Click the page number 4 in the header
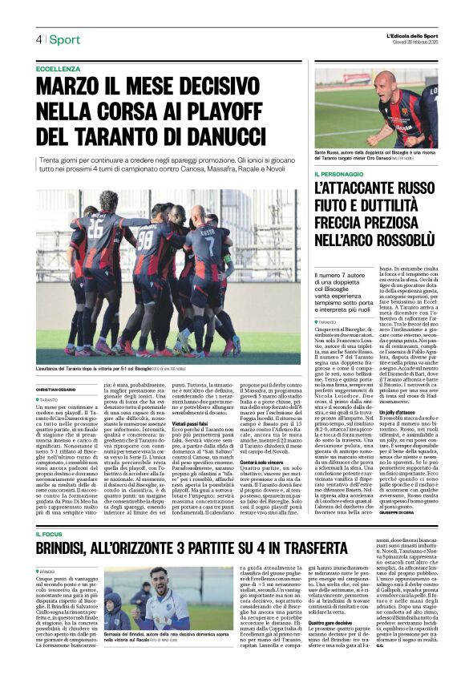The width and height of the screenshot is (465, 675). pyautogui.click(x=38, y=39)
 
